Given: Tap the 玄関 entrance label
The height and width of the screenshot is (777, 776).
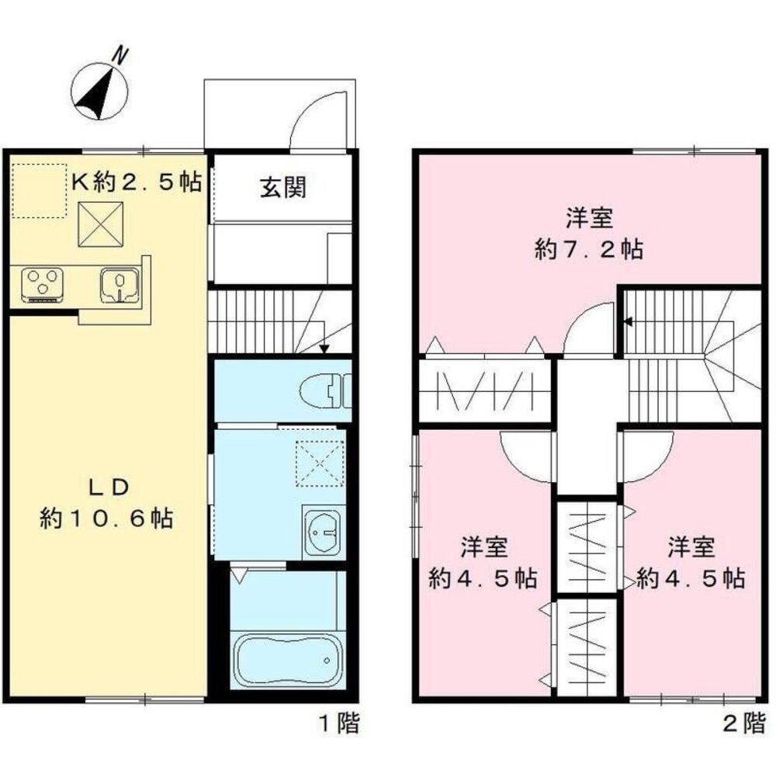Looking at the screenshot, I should tap(282, 187).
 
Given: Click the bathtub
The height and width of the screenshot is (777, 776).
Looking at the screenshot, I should tap(288, 660).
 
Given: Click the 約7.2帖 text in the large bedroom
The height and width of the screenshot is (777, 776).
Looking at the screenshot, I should tap(588, 250).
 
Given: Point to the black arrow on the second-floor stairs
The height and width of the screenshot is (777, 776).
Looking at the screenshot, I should tap(627, 321).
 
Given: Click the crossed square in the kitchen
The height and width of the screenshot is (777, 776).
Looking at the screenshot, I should tap(102, 223).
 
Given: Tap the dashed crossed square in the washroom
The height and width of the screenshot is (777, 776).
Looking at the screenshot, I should tap(322, 463).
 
